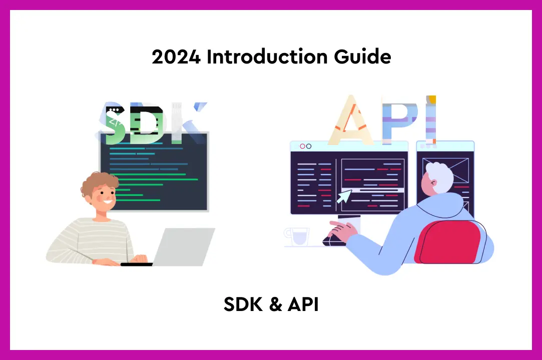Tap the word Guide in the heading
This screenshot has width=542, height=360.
pos(362,57)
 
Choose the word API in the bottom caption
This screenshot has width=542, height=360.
pos(303,304)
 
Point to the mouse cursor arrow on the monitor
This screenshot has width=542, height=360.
pos(343,195)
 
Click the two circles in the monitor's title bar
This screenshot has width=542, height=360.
pos(305,146)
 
